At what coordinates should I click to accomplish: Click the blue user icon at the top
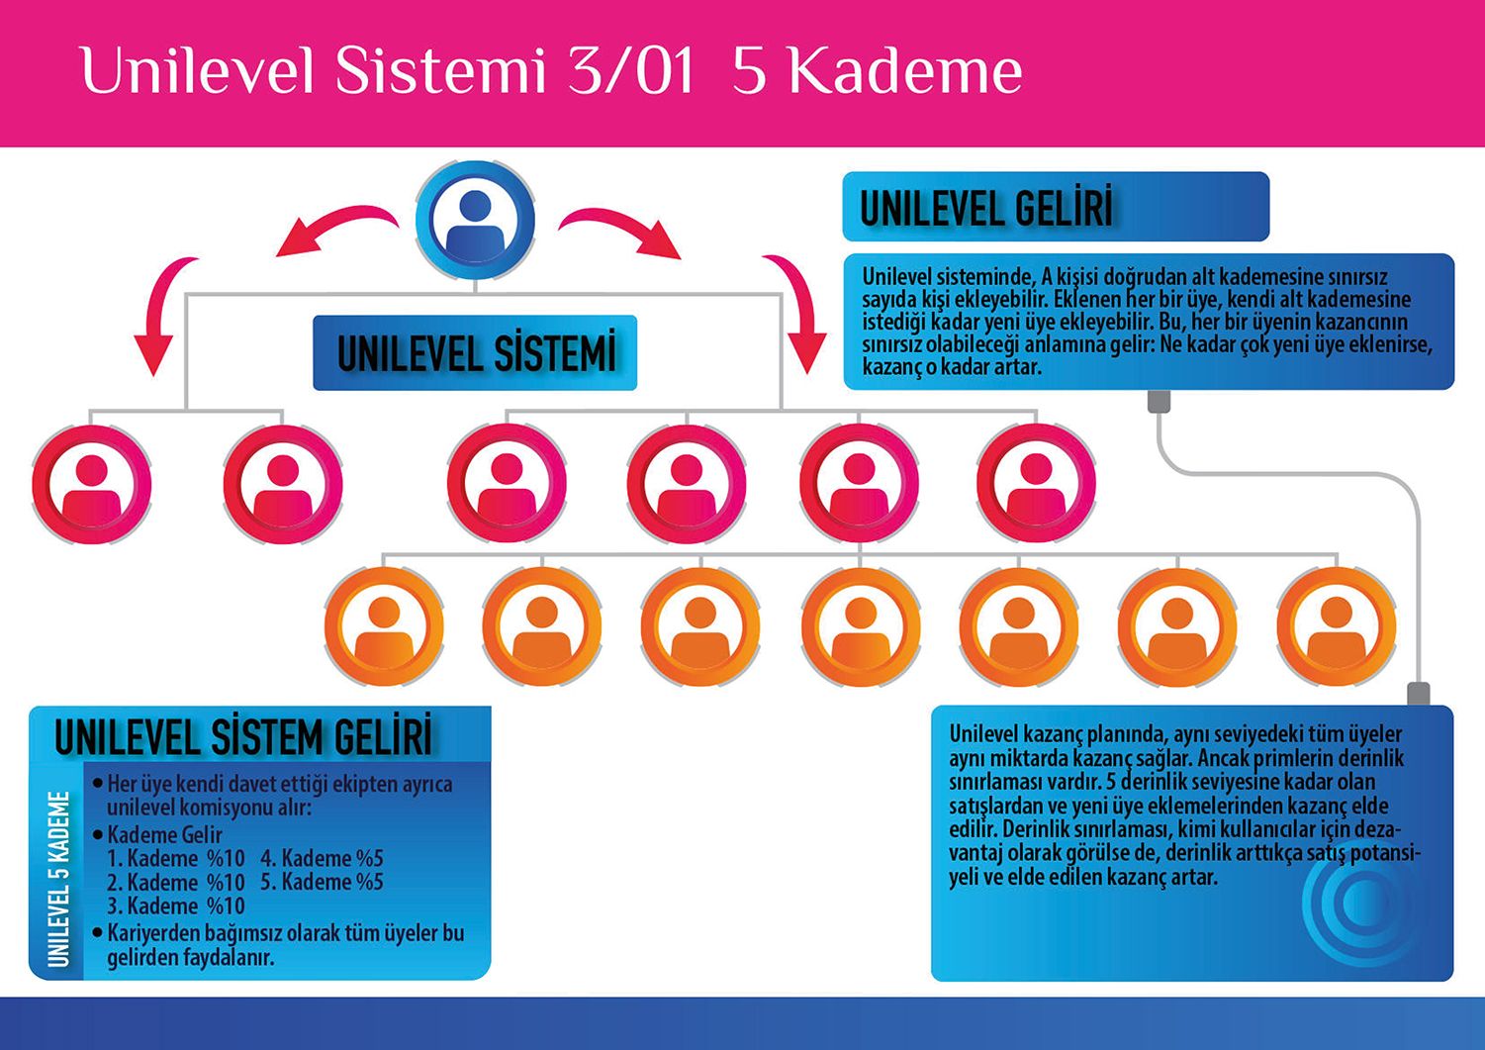pos(475,220)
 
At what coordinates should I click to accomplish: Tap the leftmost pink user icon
pos(91,484)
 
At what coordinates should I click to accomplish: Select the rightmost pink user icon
pos(1035,483)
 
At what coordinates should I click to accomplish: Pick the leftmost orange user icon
pos(384,626)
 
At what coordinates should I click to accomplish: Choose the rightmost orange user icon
pos(1336,626)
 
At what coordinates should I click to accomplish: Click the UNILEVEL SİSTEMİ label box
pos(475,353)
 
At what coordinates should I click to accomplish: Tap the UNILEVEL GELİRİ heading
pos(986,208)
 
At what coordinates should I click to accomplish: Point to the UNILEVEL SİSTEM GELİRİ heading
pos(243,737)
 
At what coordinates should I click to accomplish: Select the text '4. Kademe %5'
pos(322,858)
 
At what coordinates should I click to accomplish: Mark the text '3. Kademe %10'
pos(176,906)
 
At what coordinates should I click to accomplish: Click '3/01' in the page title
pos(631,71)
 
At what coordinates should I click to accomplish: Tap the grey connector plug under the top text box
pos(1159,402)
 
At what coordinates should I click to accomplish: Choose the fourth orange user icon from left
pos(860,626)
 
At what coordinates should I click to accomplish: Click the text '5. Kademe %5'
pos(322,882)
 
